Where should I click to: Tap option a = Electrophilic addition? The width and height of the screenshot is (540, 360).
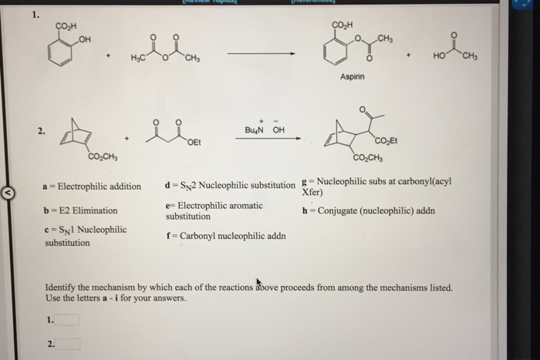[93, 186]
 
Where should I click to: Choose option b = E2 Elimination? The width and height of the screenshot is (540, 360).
[81, 210]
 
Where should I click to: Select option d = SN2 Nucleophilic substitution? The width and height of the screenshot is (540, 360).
[230, 185]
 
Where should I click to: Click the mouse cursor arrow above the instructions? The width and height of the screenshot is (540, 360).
[259, 281]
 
